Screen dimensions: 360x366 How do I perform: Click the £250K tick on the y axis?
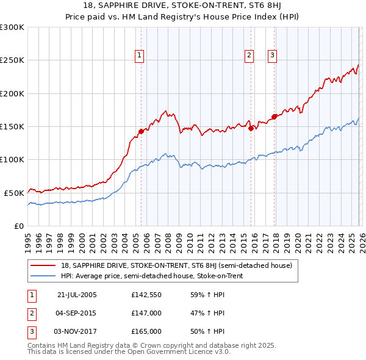(x=12, y=60)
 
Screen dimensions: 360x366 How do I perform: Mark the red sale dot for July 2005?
(x=141, y=131)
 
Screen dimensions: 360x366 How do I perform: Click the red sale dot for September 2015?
(x=250, y=128)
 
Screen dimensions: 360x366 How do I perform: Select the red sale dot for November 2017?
(x=274, y=117)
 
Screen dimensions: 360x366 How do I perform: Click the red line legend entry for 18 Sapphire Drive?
(x=177, y=265)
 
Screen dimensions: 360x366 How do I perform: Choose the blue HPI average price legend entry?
(x=152, y=276)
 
